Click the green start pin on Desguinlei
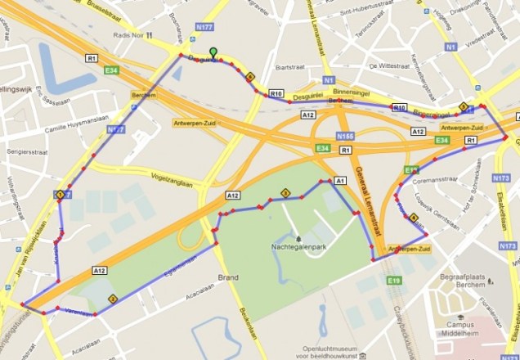point(213,52)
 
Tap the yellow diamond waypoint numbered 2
point(112,299)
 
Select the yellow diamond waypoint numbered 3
point(285,193)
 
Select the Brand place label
point(229,278)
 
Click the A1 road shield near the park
point(341,179)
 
